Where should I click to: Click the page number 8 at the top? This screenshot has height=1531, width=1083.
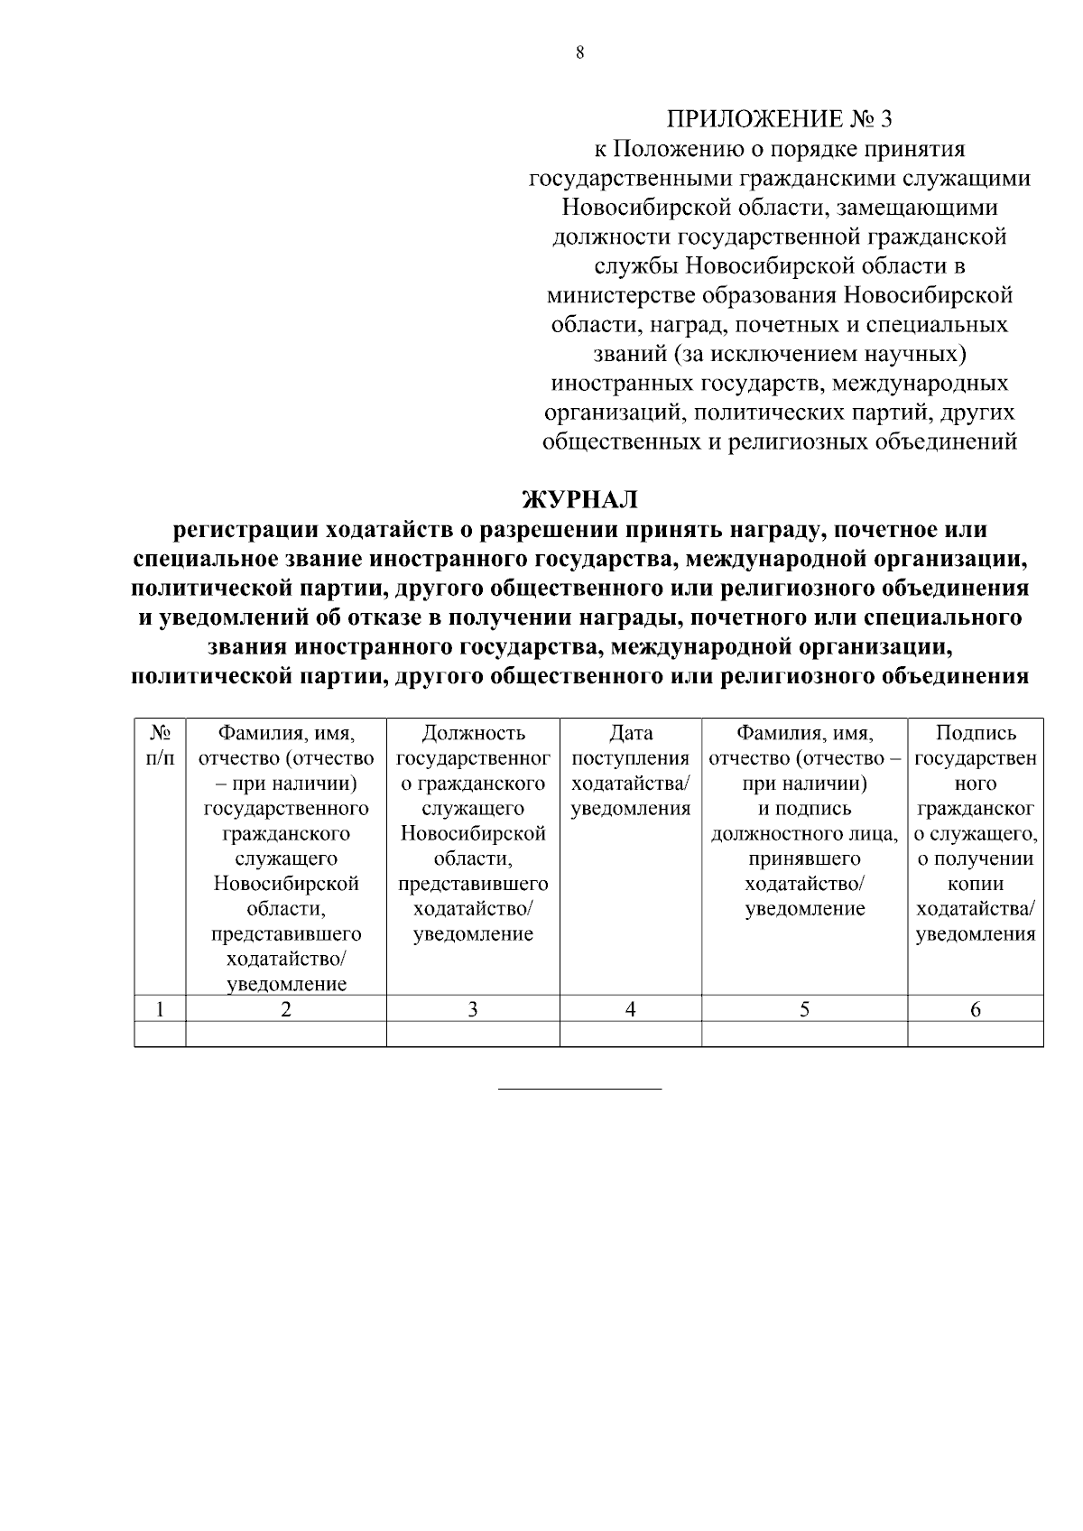(x=579, y=53)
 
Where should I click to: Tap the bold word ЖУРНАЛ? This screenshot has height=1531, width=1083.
(x=580, y=499)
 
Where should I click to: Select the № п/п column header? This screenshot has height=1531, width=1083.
(x=160, y=745)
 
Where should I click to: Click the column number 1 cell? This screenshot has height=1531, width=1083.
(x=160, y=1009)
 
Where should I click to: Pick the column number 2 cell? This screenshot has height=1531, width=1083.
(x=286, y=1009)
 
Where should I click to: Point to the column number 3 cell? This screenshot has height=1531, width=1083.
(x=472, y=1009)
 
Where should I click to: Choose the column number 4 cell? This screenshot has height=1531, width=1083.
(x=630, y=1009)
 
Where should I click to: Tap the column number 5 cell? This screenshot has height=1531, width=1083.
(x=804, y=1009)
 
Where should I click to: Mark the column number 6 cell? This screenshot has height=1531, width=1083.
(x=975, y=1009)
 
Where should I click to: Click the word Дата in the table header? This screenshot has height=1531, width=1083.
(x=630, y=733)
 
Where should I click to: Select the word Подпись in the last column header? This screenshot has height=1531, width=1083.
(x=976, y=733)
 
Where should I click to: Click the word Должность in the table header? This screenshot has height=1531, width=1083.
(x=473, y=733)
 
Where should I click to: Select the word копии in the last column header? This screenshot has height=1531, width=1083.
(x=976, y=885)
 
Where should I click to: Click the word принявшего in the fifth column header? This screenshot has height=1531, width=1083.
(x=804, y=858)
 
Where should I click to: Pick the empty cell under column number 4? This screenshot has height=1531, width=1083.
(x=630, y=1035)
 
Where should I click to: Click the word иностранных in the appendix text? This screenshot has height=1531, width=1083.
(x=624, y=384)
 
